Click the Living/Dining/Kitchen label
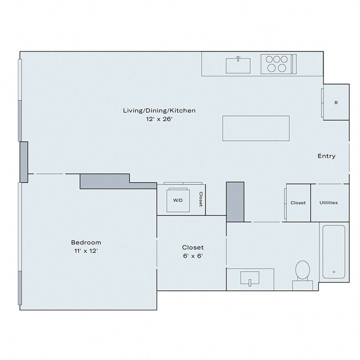pos(159,111)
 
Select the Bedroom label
pos(86,243)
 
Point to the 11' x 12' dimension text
pos(86,251)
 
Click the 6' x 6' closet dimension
pos(193,256)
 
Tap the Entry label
pos(326,156)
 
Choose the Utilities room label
pos(328,203)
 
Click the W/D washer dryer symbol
pos(178,200)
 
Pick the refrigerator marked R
pos(336,103)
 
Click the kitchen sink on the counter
pos(239,65)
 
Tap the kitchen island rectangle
pos(256,128)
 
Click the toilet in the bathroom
pos(302,271)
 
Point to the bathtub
pos(333,251)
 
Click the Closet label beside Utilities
pos(298,203)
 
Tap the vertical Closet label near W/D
pos(201,199)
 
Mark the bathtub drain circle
pos(333,272)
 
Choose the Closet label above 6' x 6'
pos(193,247)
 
